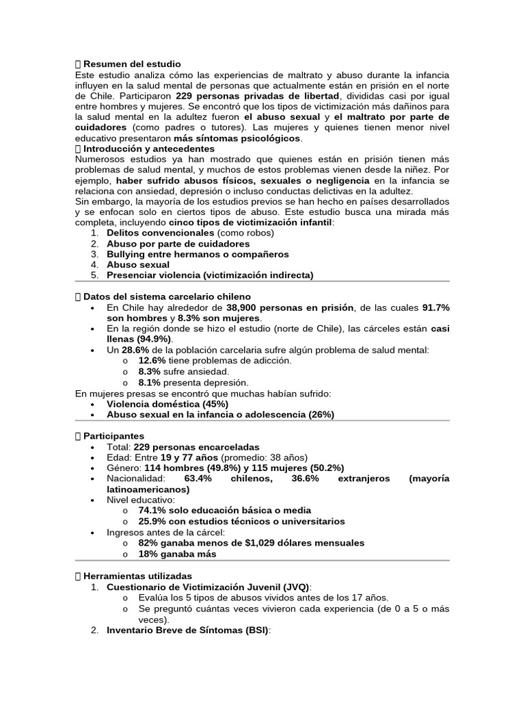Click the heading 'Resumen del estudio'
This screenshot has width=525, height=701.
(132, 64)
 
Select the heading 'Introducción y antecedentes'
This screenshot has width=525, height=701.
(148, 149)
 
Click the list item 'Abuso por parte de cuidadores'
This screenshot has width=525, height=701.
(178, 244)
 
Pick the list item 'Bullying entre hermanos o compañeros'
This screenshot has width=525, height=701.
(198, 254)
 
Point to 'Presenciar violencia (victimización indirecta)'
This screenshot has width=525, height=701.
(210, 275)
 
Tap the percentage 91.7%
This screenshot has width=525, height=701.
(435, 307)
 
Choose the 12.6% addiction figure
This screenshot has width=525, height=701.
(152, 360)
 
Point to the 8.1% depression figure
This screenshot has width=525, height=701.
(149, 382)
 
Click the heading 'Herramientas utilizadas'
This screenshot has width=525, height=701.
(137, 576)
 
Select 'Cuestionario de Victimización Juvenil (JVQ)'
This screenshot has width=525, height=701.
(208, 587)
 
